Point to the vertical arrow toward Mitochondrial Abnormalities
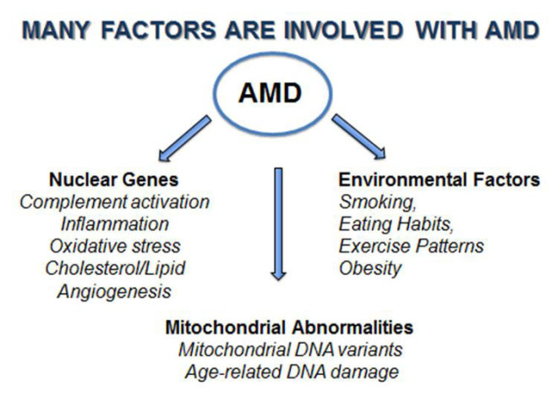[279, 224]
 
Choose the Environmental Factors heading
[439, 180]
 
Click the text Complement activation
[114, 202]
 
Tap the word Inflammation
[114, 224]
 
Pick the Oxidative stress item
[114, 247]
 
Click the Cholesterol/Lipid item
[114, 269]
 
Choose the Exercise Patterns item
[411, 247]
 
